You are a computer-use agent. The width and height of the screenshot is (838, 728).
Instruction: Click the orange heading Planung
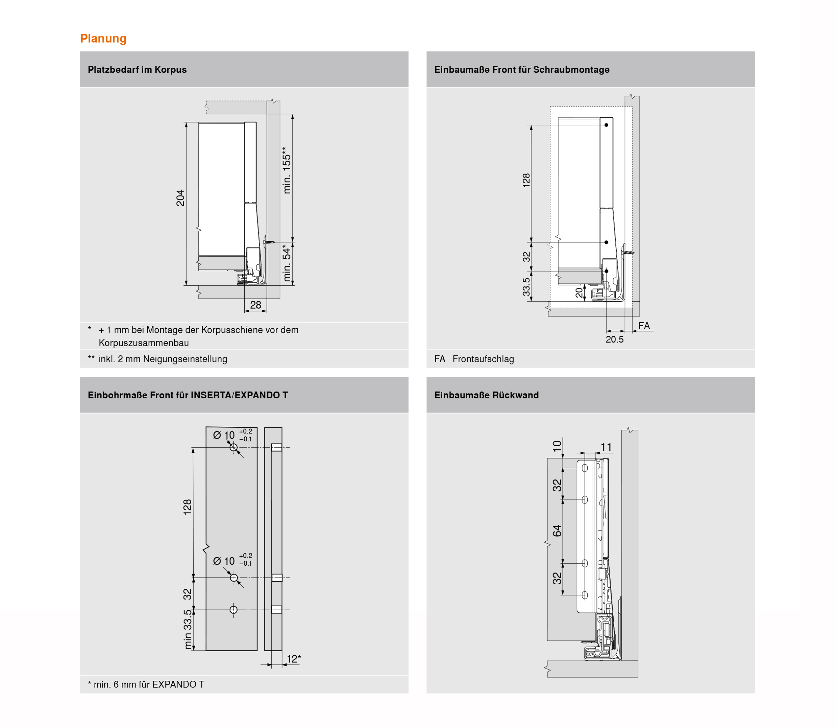103,38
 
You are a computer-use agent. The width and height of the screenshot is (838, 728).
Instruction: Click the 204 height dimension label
180,198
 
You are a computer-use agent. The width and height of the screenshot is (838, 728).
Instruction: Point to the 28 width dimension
255,305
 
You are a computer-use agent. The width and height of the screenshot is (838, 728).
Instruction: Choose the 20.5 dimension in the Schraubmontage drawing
614,339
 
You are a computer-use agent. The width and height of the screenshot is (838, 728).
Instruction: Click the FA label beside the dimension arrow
644,326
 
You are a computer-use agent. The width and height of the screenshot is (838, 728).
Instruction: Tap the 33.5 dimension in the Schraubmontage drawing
526,287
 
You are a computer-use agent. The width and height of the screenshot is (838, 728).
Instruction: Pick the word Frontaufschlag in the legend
483,359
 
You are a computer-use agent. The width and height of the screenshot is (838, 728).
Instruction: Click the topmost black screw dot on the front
606,125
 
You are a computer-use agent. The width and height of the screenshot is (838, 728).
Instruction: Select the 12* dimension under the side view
294,659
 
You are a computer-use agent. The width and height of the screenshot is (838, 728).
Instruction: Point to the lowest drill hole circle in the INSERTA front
233,609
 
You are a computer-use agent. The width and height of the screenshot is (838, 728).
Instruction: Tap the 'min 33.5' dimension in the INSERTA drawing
188,629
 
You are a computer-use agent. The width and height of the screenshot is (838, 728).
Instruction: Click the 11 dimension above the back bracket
606,447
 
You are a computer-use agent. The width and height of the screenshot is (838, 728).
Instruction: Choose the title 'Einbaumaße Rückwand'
486,395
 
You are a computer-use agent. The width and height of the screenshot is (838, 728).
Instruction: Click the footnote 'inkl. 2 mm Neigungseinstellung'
163,359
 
